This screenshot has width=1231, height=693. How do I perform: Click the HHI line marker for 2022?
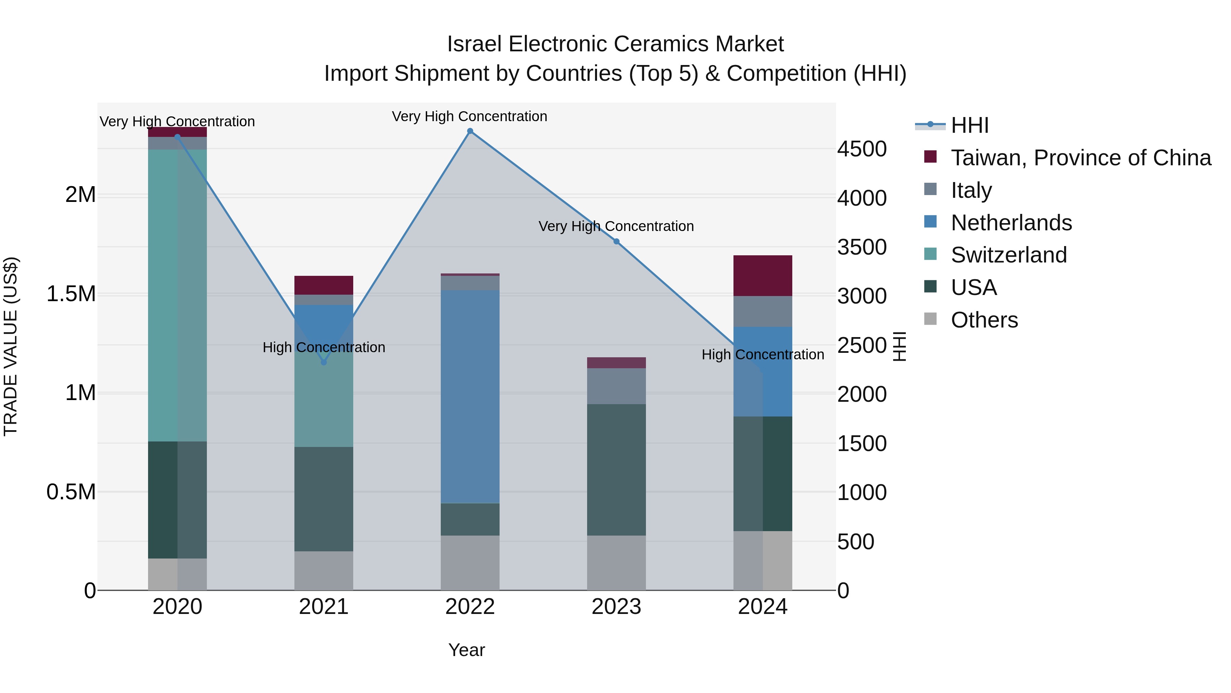click(x=470, y=131)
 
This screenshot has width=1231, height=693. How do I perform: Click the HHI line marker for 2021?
click(x=323, y=362)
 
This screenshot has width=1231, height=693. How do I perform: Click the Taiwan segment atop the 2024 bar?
click(x=763, y=275)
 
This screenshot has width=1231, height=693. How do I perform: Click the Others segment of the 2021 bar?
click(x=323, y=570)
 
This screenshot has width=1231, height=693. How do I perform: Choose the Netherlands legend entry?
click(x=1011, y=223)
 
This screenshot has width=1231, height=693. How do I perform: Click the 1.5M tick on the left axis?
click(x=71, y=294)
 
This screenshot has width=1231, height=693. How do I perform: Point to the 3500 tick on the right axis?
click(x=862, y=247)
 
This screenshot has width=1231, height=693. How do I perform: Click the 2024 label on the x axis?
click(x=763, y=607)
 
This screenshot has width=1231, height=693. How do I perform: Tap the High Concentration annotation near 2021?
click(x=323, y=347)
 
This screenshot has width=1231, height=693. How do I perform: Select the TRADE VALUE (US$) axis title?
click(x=11, y=346)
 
